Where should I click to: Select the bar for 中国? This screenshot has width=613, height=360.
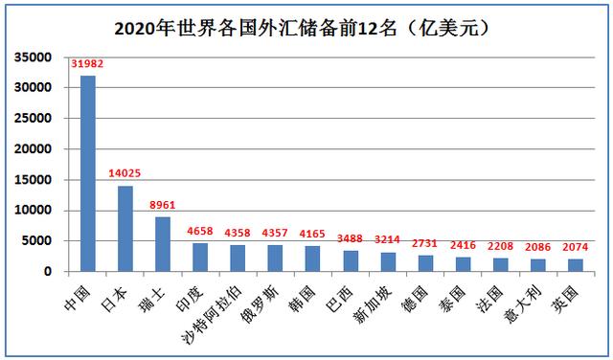88,173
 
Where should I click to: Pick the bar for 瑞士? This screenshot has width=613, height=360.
163,244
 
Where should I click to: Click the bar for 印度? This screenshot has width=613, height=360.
200,257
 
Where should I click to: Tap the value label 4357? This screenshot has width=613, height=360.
274,233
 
